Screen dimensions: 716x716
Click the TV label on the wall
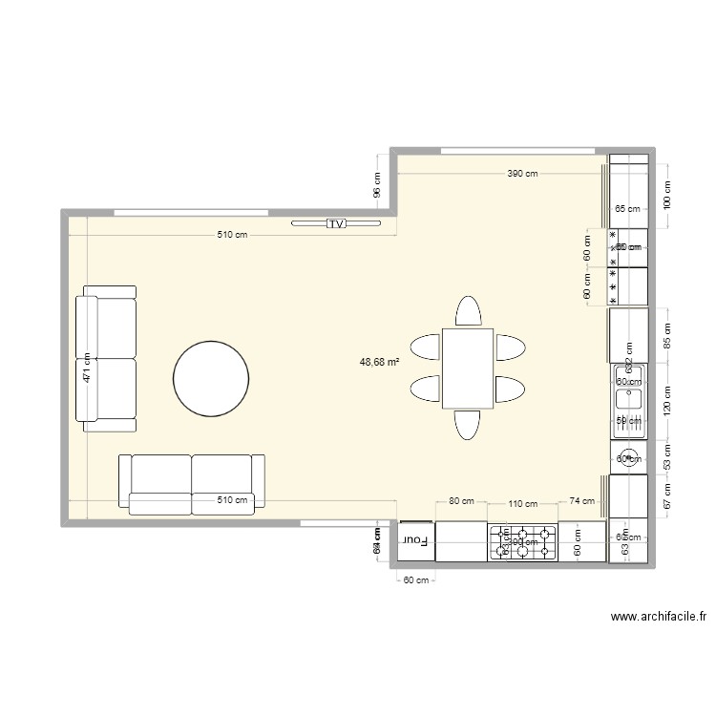click(x=335, y=223)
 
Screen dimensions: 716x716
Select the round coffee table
click(x=211, y=379)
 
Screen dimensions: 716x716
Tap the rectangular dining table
click(x=467, y=368)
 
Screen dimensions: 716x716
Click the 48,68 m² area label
click(x=379, y=362)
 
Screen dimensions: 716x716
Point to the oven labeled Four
click(x=415, y=540)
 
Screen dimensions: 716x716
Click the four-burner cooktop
click(x=523, y=542)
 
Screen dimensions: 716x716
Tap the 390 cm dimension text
click(x=522, y=174)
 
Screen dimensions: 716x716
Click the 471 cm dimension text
click(x=86, y=368)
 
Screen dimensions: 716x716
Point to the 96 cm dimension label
click(x=377, y=184)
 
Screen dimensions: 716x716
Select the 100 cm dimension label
click(x=667, y=195)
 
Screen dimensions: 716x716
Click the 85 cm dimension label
click(x=667, y=335)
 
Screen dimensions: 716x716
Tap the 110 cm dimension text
click(x=522, y=503)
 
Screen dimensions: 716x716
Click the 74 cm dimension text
click(x=581, y=500)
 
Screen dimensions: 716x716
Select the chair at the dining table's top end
click(x=468, y=312)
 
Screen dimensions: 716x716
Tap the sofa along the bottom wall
click(x=191, y=485)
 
